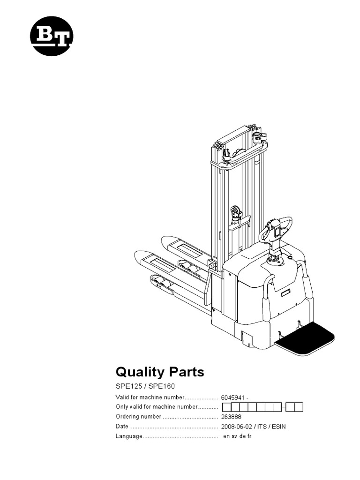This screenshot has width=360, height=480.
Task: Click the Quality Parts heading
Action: pos(160,372)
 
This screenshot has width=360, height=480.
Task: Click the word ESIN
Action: pos(278,426)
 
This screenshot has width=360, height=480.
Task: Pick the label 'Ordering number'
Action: pos(138,416)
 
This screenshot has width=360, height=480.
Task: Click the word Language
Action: pos(128,436)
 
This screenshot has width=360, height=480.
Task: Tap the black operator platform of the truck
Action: pos(305,340)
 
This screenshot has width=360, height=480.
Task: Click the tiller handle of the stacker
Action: pos(277,230)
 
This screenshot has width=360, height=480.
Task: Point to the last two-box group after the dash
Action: pos(295,407)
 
